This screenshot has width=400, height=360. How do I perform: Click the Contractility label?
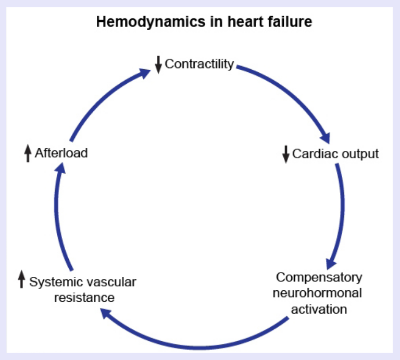pos(199,65)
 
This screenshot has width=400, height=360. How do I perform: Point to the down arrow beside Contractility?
pos(158,65)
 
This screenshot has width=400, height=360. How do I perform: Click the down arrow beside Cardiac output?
pos(285,155)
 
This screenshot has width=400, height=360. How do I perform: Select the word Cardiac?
pos(310,154)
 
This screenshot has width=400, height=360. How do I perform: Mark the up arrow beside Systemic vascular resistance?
pos(21,281)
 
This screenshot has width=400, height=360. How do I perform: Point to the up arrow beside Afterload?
pos(28,153)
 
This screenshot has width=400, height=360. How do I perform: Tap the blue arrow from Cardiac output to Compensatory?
pos(341,213)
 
